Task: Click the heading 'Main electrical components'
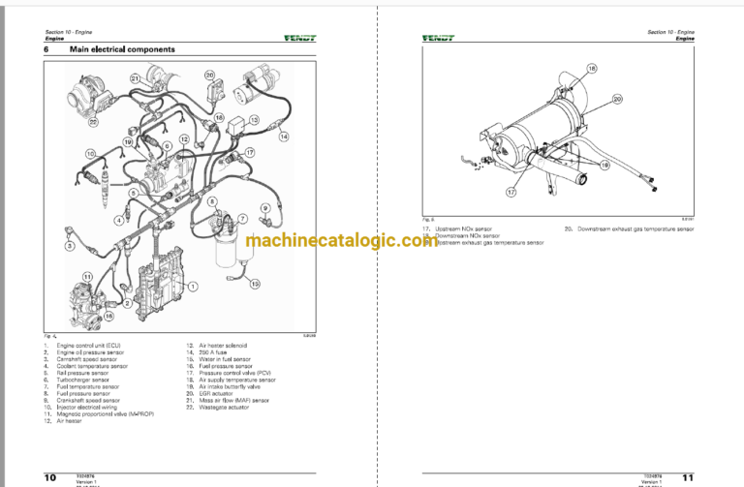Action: click(x=122, y=49)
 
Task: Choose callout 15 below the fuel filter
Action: click(x=255, y=285)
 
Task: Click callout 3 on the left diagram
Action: click(x=69, y=248)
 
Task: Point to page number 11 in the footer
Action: click(x=688, y=476)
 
